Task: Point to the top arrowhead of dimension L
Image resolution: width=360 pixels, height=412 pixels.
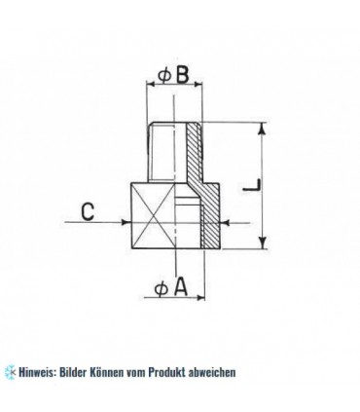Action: coord(262,127)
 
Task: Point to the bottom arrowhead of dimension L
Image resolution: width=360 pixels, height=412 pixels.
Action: coord(262,243)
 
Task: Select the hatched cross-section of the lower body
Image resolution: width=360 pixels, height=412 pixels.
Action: coord(212,216)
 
